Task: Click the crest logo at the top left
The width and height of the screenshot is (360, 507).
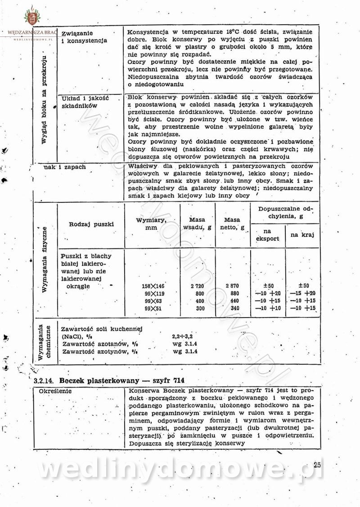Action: tap(31, 17)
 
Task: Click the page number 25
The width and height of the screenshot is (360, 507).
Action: tap(317, 465)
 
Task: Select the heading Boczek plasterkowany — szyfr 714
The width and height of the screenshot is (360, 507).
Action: tap(122, 380)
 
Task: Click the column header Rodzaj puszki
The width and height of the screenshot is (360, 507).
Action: tap(91, 224)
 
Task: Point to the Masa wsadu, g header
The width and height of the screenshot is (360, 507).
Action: tap(197, 224)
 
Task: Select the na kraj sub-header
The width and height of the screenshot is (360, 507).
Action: tap(302, 235)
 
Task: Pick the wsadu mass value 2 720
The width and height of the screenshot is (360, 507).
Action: tap(198, 286)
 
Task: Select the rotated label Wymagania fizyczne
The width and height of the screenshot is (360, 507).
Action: tap(45, 260)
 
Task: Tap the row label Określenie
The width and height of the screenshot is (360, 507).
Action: tap(55, 391)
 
